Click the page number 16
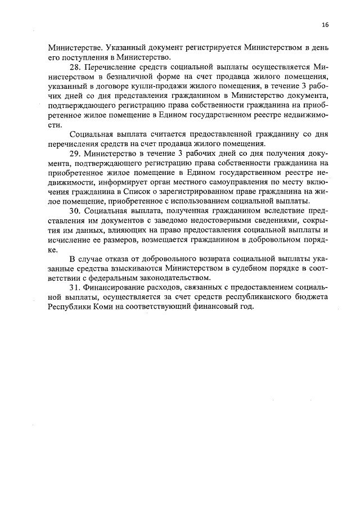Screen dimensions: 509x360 point(325,25)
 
